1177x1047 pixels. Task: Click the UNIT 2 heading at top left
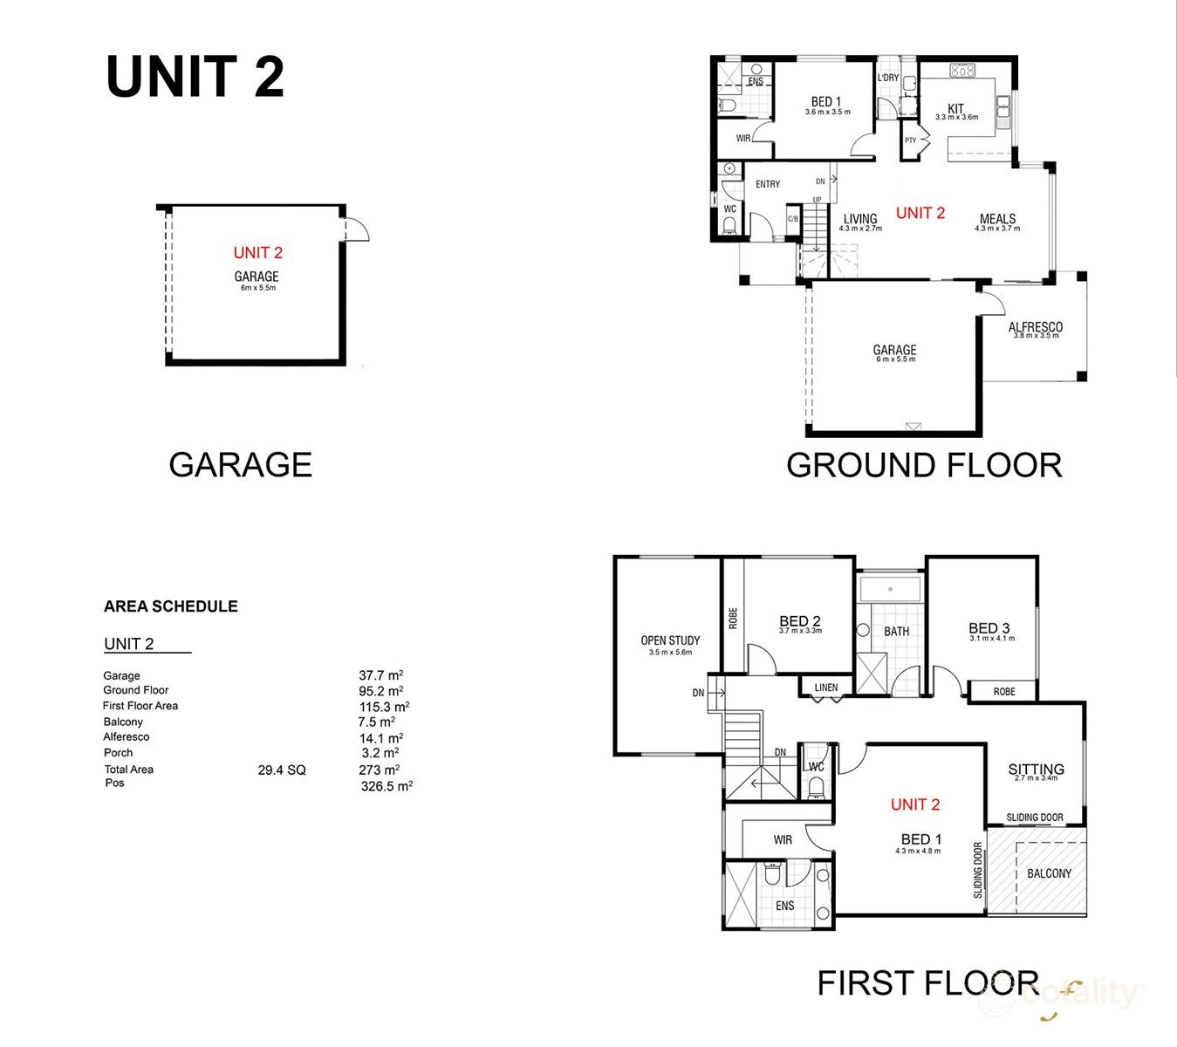195,77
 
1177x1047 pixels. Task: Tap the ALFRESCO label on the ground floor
1035,328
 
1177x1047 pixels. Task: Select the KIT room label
955,109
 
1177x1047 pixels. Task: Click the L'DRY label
887,78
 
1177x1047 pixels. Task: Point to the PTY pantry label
910,140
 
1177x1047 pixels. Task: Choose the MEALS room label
997,220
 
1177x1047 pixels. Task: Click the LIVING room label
860,220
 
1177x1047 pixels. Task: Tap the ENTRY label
768,184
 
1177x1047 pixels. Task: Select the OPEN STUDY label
670,640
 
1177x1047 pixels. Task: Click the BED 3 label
989,628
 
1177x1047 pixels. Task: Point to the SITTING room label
1036,770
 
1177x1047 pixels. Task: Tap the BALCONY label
1049,873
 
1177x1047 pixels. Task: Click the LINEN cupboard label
825,688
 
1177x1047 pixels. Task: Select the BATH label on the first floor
896,631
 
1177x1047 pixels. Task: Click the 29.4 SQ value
282,770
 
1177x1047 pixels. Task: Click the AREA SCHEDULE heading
170,606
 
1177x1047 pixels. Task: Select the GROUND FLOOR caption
924,465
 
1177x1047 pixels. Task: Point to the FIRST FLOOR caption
927,983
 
